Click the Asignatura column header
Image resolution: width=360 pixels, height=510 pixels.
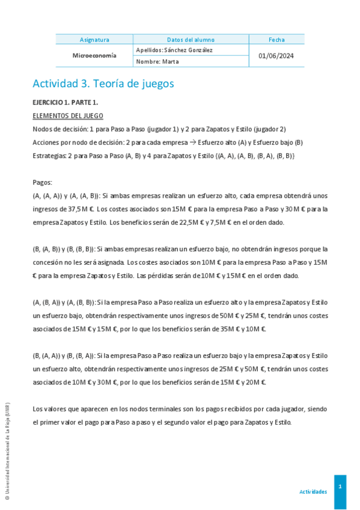click(94, 40)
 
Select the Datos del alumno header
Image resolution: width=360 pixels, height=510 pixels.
click(191, 40)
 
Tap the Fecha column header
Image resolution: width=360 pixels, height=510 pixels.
click(276, 40)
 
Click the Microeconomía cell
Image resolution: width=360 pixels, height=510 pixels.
click(94, 55)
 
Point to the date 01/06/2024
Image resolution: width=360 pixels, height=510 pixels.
click(276, 56)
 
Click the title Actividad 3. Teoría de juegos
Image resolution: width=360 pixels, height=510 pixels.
click(103, 84)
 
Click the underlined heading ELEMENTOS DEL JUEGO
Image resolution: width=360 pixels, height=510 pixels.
click(67, 115)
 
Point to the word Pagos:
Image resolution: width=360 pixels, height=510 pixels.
click(42, 182)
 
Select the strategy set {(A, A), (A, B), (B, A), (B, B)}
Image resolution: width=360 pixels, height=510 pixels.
click(255, 156)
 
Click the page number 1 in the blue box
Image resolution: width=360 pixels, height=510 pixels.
click(340, 485)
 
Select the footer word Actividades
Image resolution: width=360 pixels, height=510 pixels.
click(313, 491)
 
